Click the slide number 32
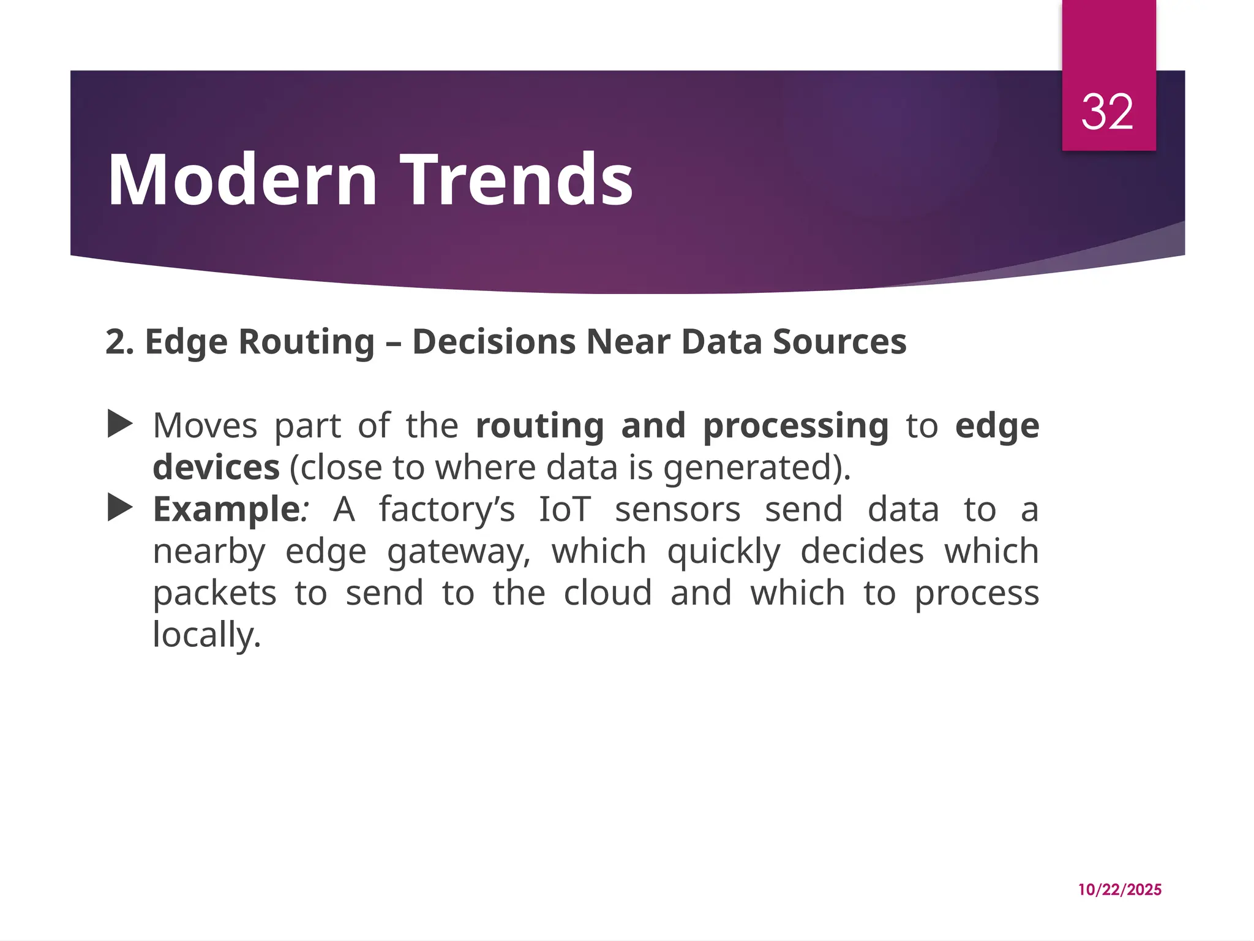coord(1107,113)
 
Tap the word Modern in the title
coord(242,180)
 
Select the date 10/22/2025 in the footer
coord(1119,890)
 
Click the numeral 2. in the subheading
coord(119,342)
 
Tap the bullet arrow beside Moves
coord(120,424)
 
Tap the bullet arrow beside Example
coord(120,508)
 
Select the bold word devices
coord(216,468)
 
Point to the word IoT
coord(565,510)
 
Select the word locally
coord(206,635)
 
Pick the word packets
coord(214,594)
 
